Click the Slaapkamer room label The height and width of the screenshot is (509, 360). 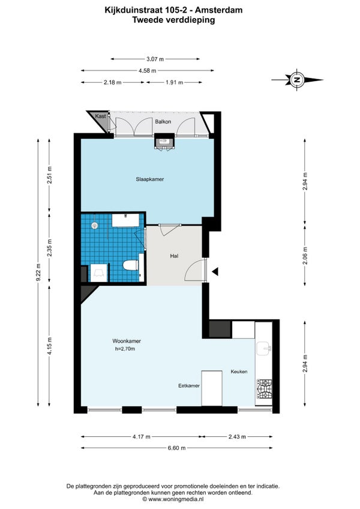149,179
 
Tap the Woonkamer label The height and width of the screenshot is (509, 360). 127,341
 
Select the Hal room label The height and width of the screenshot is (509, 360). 175,256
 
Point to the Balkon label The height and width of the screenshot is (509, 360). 163,122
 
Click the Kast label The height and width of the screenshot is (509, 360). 100,116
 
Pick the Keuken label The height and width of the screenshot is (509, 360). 239,372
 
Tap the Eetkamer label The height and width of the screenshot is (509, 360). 189,386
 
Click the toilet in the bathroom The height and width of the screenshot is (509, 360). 131,265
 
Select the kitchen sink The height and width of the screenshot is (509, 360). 264,348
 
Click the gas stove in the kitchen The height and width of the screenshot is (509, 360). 265,389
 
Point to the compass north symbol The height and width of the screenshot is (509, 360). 296,79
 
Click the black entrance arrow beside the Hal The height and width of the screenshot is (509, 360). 215,271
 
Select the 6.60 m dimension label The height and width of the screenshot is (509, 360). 176,448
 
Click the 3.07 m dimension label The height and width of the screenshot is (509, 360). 155,59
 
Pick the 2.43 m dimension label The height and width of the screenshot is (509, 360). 237,437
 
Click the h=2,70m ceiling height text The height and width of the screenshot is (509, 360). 125,349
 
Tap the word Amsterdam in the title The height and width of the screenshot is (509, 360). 223,10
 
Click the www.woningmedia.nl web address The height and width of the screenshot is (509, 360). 176,499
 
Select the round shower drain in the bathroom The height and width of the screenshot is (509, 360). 94,225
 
